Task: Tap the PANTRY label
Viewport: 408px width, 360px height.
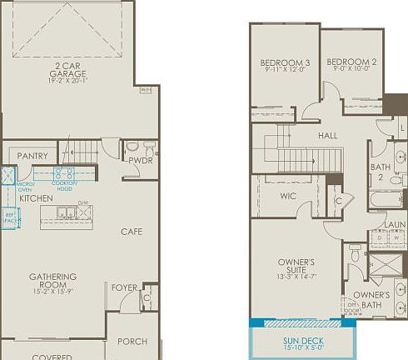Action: click(32, 156)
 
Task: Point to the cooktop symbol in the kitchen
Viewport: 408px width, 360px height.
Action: click(65, 174)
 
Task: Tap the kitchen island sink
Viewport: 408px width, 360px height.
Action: click(67, 215)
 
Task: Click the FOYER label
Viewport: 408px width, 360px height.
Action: click(123, 287)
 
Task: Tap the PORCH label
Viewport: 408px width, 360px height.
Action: click(132, 342)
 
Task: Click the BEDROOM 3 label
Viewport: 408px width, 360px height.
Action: click(285, 62)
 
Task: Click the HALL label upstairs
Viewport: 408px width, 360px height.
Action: click(327, 134)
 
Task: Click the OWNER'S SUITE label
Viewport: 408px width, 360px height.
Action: click(296, 267)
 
